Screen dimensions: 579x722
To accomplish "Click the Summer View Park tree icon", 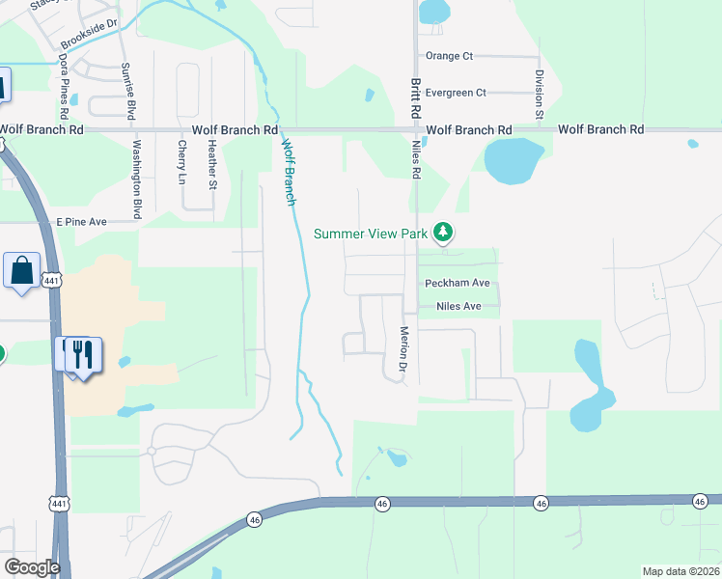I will click(x=443, y=232).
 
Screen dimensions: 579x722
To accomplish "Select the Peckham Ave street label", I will click(x=458, y=283).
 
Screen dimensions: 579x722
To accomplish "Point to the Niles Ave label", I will click(x=458, y=306).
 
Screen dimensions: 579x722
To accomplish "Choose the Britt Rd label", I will click(x=417, y=98).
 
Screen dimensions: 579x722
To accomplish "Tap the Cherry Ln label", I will click(x=180, y=161).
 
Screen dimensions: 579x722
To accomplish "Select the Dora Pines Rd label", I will click(x=64, y=85).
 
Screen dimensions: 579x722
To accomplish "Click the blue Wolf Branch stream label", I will click(x=288, y=172).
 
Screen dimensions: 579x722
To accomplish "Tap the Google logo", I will click(x=31, y=567).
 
